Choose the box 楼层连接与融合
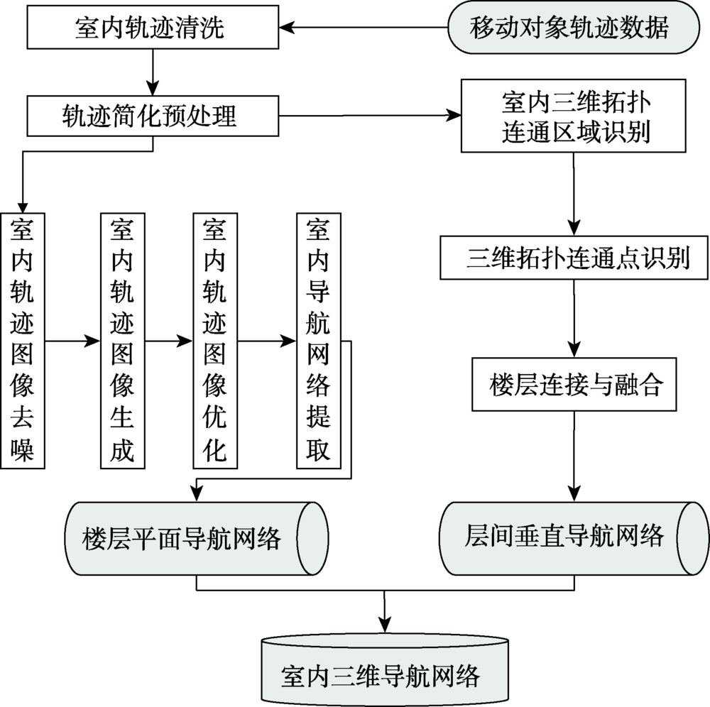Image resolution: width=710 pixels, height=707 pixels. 575,385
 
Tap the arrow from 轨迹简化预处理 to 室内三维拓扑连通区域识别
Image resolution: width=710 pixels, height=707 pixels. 369,116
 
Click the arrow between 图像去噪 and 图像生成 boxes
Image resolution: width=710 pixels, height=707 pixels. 73,341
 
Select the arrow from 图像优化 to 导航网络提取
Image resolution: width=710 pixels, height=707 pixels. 267,341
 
